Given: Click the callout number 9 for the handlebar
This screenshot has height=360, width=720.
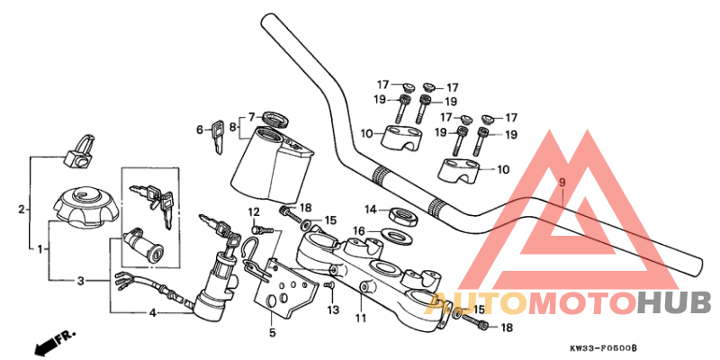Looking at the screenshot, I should tap(562, 183).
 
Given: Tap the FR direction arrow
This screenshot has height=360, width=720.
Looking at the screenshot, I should tap(54, 341).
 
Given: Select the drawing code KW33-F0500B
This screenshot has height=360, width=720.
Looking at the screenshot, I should tap(602, 347).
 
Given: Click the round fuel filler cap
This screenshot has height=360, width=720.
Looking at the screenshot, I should tap(84, 205).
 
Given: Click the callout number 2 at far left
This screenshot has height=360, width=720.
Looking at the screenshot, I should tap(21, 210).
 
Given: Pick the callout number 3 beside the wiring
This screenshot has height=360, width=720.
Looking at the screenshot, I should tap(80, 281).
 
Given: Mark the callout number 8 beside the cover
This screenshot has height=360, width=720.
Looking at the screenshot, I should tap(232, 128).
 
